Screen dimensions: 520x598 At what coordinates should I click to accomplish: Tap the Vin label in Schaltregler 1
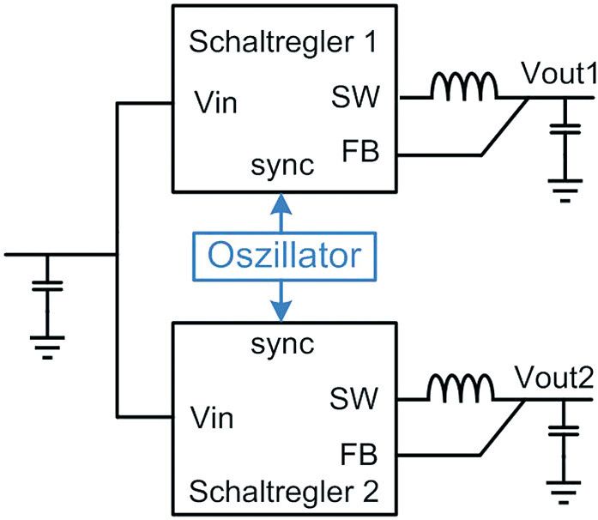click(x=214, y=105)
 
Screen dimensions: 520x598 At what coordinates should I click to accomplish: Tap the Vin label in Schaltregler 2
click(x=214, y=420)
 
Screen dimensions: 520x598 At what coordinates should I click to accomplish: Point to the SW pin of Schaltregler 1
click(x=353, y=99)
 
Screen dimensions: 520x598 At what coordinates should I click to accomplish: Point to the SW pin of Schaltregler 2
click(x=353, y=398)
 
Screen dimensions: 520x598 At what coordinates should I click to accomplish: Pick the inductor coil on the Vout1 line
click(x=464, y=87)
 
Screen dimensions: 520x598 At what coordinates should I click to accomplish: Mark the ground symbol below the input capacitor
click(x=47, y=346)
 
